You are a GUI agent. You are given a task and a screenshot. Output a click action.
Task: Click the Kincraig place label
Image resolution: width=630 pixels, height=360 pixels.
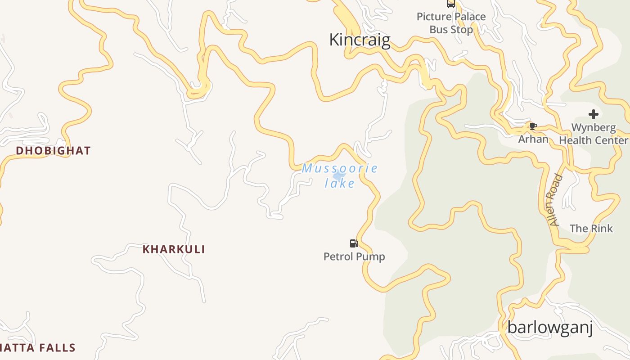(x=360, y=40)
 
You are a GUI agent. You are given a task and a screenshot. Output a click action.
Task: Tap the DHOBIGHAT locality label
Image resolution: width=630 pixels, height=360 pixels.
(x=53, y=151)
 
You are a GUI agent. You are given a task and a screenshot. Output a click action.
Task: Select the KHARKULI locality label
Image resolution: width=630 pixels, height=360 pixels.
(x=174, y=249)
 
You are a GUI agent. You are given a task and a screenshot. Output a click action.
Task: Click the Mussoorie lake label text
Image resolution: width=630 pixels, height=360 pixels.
(x=340, y=175)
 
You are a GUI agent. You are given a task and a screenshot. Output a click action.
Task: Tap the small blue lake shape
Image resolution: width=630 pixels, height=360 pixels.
(x=339, y=175)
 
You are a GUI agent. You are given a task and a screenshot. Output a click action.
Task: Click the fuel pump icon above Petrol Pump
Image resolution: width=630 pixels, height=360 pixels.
(x=354, y=243)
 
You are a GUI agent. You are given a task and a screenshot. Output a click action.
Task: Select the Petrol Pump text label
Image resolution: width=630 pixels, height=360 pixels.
(x=354, y=257)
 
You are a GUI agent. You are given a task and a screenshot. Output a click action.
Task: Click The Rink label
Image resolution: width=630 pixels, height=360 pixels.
(x=591, y=229)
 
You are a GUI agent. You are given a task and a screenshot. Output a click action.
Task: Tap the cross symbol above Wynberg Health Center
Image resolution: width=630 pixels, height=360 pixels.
(x=593, y=114)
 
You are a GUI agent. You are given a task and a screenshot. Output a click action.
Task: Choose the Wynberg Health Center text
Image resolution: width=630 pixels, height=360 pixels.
(x=593, y=134)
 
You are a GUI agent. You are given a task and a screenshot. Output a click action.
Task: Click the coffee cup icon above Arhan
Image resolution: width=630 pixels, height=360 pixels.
(x=533, y=126)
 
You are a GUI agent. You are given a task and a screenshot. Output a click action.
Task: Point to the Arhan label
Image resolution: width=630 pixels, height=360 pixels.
(x=533, y=139)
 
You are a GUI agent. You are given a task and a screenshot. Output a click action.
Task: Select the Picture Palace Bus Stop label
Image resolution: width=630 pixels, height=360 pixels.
(x=451, y=23)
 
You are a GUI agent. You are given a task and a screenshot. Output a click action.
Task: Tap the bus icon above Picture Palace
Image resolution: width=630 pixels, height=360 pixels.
(x=450, y=4)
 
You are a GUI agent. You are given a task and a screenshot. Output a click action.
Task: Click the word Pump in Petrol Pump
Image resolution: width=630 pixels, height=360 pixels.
(x=370, y=257)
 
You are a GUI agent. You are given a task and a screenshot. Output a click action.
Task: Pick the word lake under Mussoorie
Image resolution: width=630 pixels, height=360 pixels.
(x=340, y=183)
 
